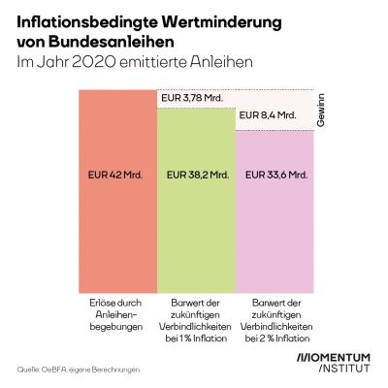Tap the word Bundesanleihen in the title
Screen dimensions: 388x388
click(x=111, y=43)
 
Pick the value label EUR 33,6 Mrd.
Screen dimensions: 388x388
click(x=275, y=176)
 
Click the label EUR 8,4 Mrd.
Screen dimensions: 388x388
click(x=267, y=115)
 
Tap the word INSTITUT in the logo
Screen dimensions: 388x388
click(x=335, y=371)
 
